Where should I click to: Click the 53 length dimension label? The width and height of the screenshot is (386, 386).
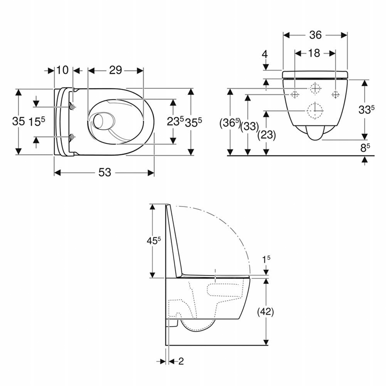click(x=105, y=172)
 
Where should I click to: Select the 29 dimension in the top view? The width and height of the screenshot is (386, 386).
click(x=115, y=70)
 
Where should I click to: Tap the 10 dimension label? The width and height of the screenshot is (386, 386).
click(x=62, y=70)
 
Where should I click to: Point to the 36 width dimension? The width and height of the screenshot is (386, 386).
click(x=316, y=35)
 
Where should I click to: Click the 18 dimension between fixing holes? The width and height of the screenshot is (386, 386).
click(x=314, y=53)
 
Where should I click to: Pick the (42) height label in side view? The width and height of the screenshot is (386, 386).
click(x=265, y=312)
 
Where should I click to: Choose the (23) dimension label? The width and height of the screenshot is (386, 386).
click(x=267, y=135)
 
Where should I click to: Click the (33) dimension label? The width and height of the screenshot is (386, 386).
click(x=249, y=126)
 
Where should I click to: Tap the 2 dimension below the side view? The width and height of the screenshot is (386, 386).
click(x=181, y=361)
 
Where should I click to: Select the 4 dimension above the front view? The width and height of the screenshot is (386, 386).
click(x=265, y=54)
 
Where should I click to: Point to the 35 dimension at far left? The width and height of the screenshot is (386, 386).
click(x=18, y=121)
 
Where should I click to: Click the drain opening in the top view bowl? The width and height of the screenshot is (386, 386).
click(x=99, y=121)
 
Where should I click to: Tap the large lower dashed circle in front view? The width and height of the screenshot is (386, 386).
click(x=315, y=111)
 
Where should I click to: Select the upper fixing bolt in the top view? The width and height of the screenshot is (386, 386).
click(x=72, y=107)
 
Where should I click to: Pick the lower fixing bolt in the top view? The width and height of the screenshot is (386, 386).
click(x=72, y=137)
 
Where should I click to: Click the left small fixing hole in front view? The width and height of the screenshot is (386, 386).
click(x=295, y=94)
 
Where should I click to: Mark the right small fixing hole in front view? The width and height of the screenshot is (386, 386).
click(x=335, y=94)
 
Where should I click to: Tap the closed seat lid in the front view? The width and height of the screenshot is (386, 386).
click(x=315, y=75)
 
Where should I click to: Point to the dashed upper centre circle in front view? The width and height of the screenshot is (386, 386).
click(x=315, y=88)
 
